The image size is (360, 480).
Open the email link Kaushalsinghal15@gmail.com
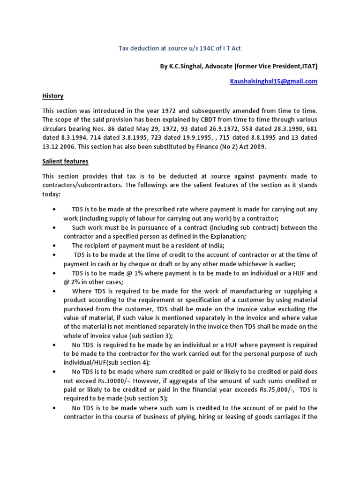pos(273,81)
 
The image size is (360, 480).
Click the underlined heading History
pos(52,96)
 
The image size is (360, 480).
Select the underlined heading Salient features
pos(65,161)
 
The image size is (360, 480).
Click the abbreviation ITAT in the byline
pos(307,67)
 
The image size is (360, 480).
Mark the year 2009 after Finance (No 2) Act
pos(256,147)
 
